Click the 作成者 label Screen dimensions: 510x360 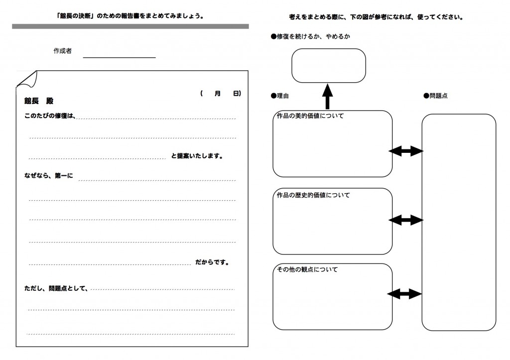pos(62,51)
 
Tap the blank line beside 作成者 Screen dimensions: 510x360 pos(120,58)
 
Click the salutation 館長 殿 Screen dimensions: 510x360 pos(39,101)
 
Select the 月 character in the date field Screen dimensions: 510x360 pos(218,94)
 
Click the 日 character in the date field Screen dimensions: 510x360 pos(236,94)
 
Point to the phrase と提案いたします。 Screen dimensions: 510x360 pos(197,156)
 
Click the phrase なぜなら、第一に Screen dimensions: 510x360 pos(48,176)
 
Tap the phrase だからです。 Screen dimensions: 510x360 pos(212,262)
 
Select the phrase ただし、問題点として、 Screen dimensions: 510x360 pos(56,288)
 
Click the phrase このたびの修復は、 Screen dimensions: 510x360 pos(50,116)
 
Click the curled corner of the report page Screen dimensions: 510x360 pos(27,80)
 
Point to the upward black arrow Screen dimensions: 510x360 pos(328,97)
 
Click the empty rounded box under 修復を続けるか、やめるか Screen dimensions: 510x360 pos(329,65)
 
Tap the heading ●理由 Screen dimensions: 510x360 pos(280,96)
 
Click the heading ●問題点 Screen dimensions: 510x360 pos(435,96)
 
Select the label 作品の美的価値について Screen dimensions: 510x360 pos(310,116)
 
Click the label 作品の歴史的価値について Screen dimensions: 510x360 pos(313,195)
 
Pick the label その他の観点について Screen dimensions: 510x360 pos(307,269)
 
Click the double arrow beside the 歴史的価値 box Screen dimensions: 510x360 pos(406,220)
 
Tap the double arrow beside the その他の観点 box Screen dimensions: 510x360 pos(404,294)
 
